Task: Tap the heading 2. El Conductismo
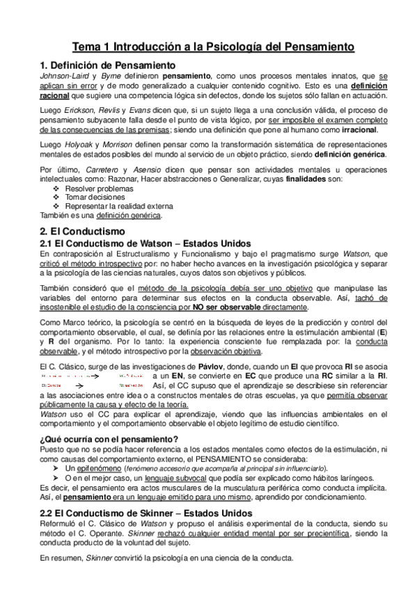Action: [83, 230]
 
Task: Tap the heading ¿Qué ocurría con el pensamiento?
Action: [109, 439]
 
